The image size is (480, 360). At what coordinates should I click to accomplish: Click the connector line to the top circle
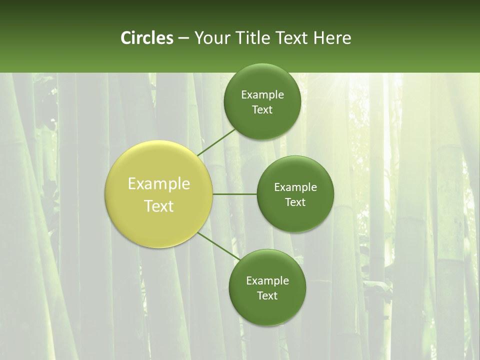coord(216,142)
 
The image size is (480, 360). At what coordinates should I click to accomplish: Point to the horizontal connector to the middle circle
coord(234,194)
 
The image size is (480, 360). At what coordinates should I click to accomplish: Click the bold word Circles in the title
coord(147,38)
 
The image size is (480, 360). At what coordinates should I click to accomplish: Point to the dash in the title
coord(183,38)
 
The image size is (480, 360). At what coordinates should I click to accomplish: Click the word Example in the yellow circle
coord(159,184)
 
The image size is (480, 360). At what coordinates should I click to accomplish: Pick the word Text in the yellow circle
coord(159,206)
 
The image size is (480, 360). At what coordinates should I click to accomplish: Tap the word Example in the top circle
coord(262,95)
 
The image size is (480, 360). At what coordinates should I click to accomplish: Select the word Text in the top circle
coord(262,110)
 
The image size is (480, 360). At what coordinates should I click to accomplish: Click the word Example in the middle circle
coord(295,187)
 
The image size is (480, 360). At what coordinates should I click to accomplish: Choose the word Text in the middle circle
coord(295,202)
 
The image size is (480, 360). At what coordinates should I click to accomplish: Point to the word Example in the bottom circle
coord(267,281)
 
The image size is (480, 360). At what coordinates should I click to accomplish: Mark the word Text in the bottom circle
coord(267,296)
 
